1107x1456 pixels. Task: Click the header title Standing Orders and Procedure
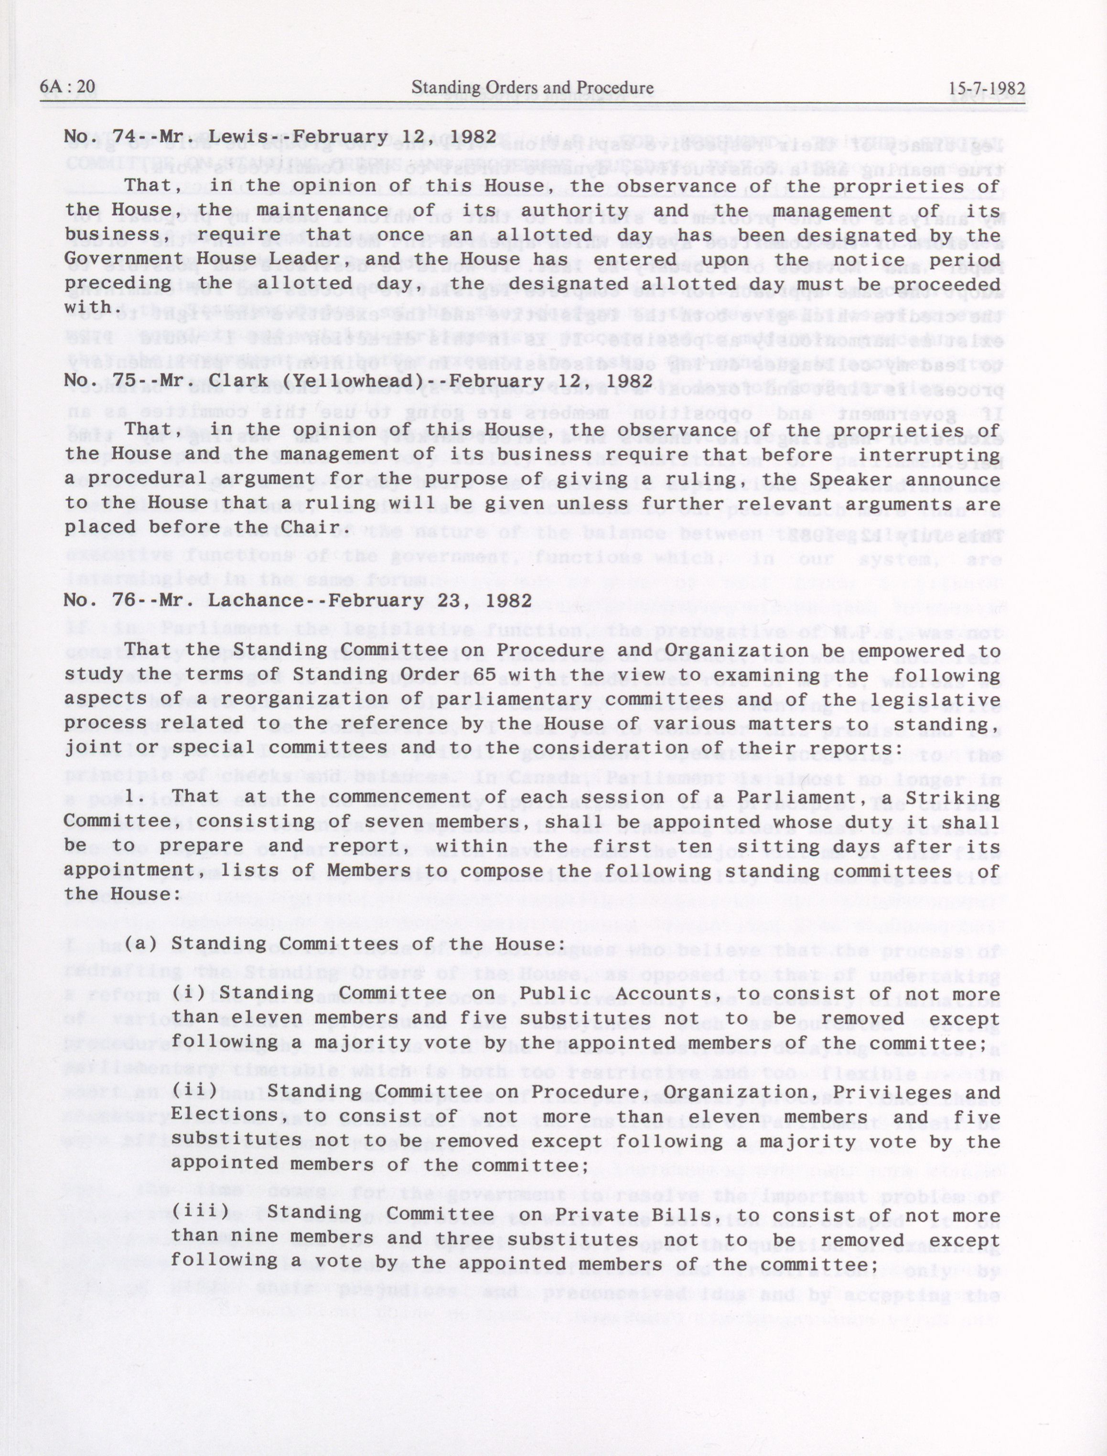532,87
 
